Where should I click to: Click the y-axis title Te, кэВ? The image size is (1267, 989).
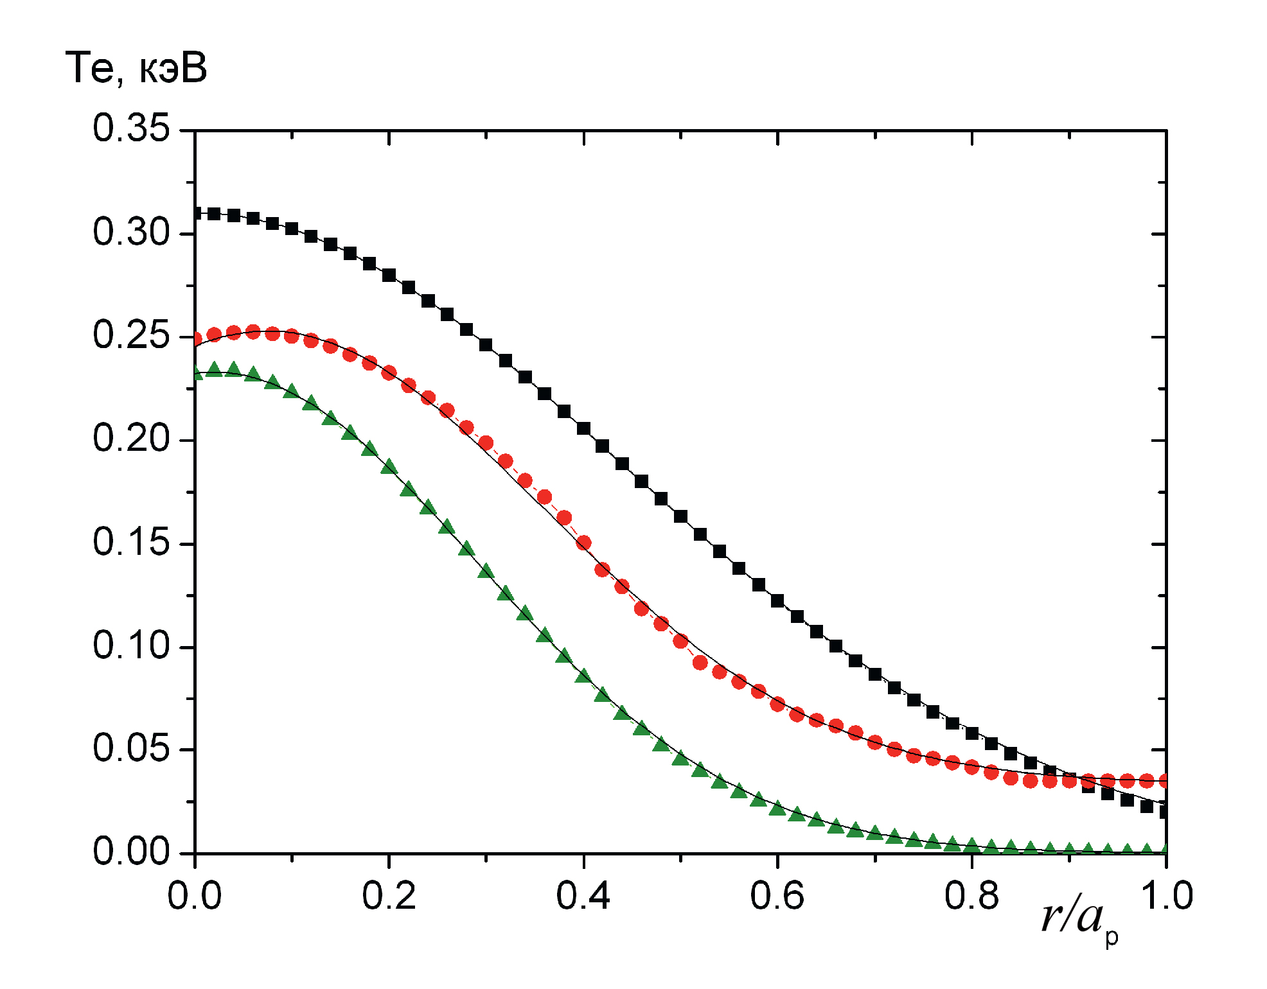pyautogui.click(x=136, y=68)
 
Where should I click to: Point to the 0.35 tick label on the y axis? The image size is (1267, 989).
pyautogui.click(x=131, y=128)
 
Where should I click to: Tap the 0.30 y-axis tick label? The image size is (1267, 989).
pyautogui.click(x=131, y=232)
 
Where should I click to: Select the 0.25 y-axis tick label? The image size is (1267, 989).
pyautogui.click(x=131, y=336)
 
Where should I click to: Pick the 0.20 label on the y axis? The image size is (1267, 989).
pyautogui.click(x=131, y=439)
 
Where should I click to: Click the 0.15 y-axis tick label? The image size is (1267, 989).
pyautogui.click(x=131, y=543)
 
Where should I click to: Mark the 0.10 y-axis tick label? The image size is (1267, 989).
pyautogui.click(x=131, y=646)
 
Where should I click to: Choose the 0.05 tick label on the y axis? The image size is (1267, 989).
pyautogui.click(x=131, y=749)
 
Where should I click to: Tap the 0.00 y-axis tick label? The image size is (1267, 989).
pyautogui.click(x=131, y=853)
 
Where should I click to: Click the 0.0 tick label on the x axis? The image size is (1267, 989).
pyautogui.click(x=195, y=897)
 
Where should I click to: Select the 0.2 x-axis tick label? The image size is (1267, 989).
pyautogui.click(x=389, y=897)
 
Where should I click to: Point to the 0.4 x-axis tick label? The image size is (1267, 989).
pyautogui.click(x=583, y=897)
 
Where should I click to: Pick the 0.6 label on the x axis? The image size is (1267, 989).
pyautogui.click(x=777, y=897)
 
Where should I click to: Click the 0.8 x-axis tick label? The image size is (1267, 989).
pyautogui.click(x=971, y=897)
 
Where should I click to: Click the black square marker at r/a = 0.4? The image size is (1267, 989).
pyautogui.click(x=583, y=428)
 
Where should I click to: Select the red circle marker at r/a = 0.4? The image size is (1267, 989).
pyautogui.click(x=583, y=543)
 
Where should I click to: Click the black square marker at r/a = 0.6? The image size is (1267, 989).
pyautogui.click(x=777, y=601)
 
